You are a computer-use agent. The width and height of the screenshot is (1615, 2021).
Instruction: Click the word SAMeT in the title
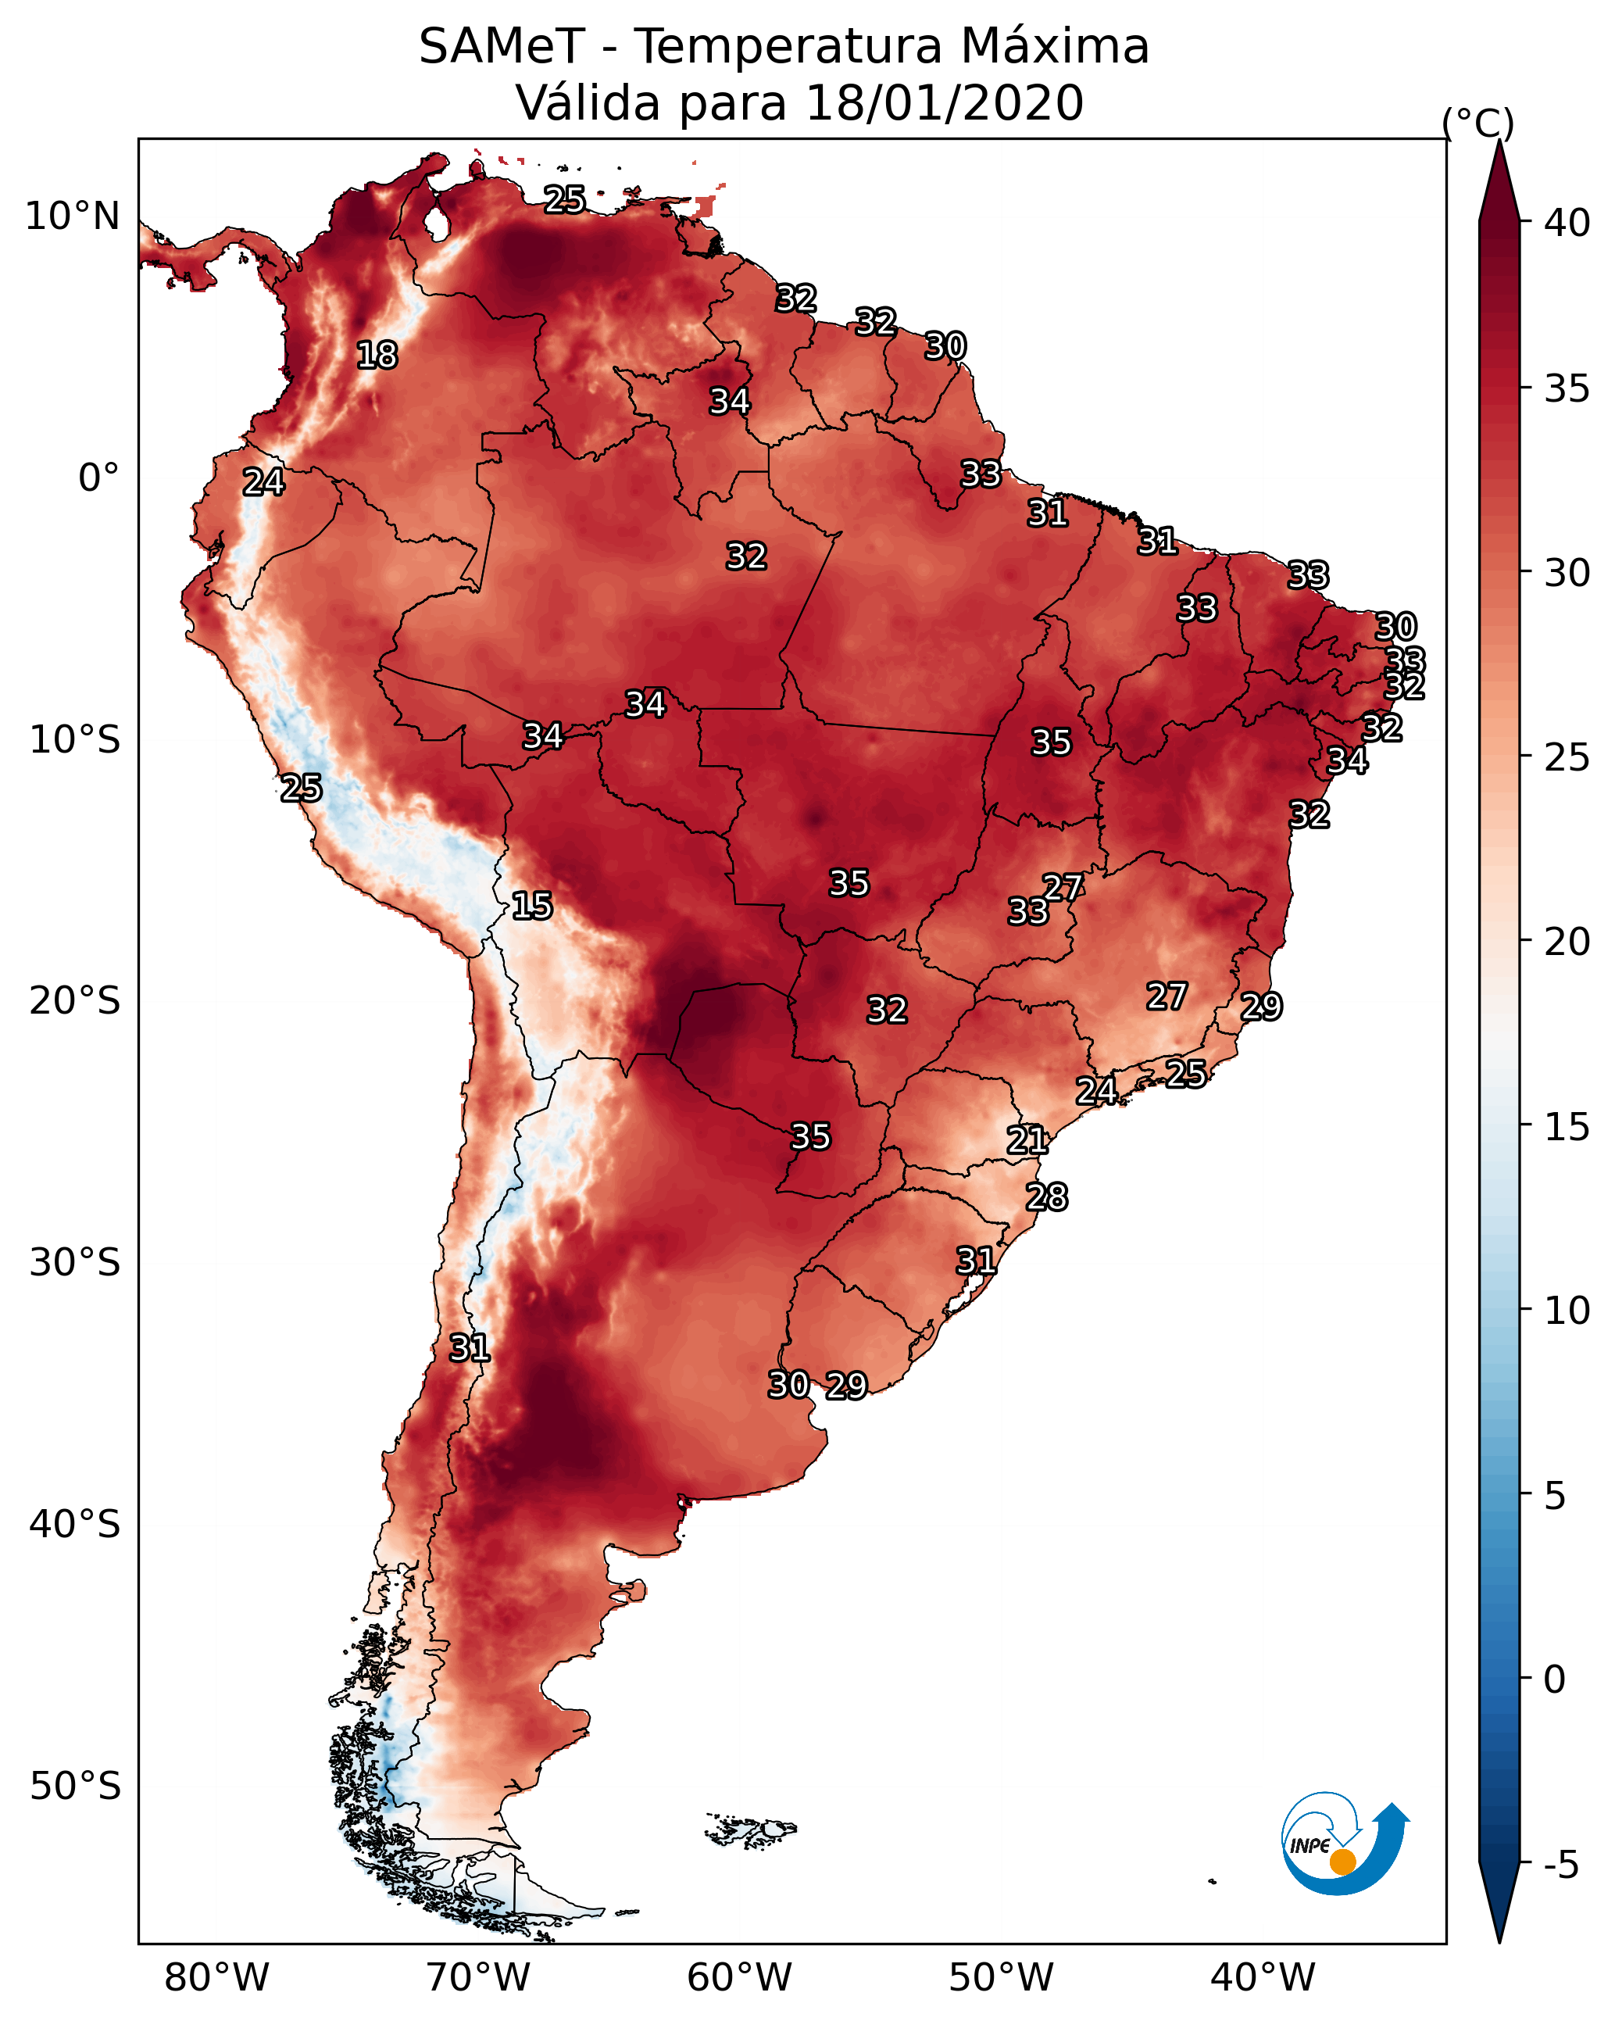tap(502, 46)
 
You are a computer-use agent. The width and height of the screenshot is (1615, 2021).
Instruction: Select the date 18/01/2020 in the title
tap(944, 102)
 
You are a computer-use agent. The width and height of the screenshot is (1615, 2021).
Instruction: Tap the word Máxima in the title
tap(1055, 46)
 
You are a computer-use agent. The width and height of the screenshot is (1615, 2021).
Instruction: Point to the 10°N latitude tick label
tap(72, 216)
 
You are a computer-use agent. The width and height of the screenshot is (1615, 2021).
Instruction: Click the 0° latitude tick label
tap(98, 478)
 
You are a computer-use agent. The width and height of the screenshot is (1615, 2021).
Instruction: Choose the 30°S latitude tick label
tap(75, 1263)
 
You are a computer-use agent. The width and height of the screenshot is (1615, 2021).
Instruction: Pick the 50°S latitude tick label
tap(75, 1787)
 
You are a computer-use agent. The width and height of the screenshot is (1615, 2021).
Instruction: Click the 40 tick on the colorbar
tap(1567, 223)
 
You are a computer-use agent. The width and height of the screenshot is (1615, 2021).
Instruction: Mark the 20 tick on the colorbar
tap(1567, 942)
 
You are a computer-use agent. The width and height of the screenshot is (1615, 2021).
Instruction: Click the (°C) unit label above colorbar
tap(1478, 123)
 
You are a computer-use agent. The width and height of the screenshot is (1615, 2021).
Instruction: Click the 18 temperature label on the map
tap(377, 356)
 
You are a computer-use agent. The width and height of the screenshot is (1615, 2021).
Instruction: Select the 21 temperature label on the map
tap(1027, 1140)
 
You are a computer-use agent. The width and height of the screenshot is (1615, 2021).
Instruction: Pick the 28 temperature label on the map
tap(1046, 1197)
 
